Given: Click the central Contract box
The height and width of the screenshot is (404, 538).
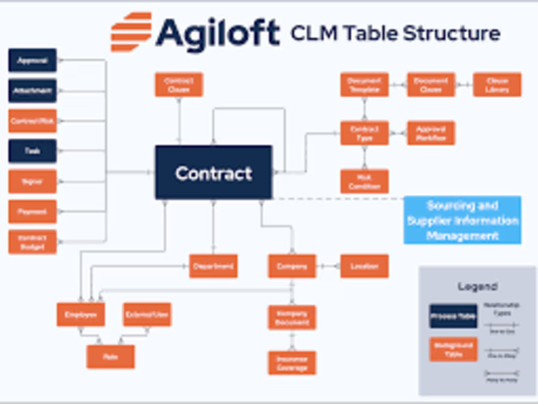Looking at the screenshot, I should (x=213, y=172).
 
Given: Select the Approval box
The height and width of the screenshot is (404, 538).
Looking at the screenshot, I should (x=32, y=60).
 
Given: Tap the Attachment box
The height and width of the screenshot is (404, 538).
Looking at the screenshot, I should (x=32, y=91).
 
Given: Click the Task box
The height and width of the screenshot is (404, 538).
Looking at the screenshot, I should (x=32, y=151).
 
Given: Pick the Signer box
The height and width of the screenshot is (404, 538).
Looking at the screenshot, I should (x=32, y=181).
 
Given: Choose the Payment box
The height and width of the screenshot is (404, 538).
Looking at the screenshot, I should (x=32, y=212).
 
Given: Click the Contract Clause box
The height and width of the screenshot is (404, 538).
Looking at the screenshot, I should (x=179, y=85).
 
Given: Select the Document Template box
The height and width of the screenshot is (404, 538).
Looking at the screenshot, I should (x=364, y=85).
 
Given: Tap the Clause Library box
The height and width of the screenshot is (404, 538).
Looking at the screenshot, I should (x=497, y=85).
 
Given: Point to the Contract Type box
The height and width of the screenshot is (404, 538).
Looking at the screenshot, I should (x=364, y=133).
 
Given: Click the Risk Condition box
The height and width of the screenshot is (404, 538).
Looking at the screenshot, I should (x=364, y=181).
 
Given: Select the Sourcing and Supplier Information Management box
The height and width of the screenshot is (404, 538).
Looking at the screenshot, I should (x=462, y=220).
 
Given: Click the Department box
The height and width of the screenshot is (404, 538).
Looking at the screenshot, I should (x=213, y=266).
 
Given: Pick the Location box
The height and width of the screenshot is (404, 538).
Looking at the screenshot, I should (x=364, y=266).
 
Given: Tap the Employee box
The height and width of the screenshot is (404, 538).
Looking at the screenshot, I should (x=81, y=314).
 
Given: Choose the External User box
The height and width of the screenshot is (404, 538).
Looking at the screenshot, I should (x=147, y=314).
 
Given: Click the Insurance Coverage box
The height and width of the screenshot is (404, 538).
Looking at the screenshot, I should (x=292, y=363).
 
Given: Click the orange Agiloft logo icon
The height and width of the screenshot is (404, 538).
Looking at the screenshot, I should (x=131, y=32).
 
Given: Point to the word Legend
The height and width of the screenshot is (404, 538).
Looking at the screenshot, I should (x=477, y=286).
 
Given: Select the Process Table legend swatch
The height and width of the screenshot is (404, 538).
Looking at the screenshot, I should (x=453, y=316).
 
